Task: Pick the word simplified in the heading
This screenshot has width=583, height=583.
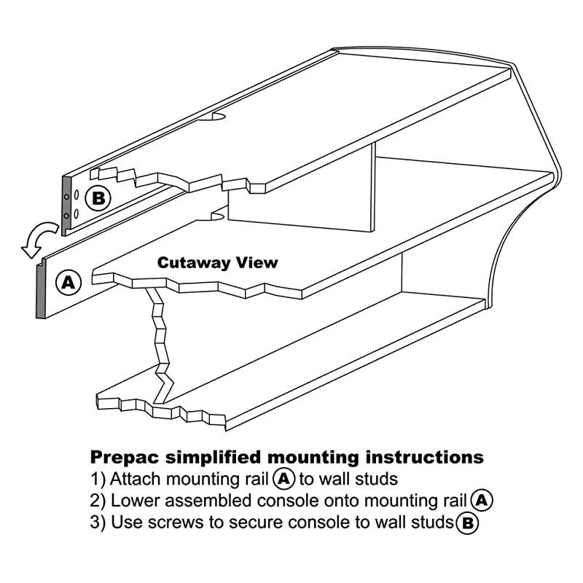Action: (216, 458)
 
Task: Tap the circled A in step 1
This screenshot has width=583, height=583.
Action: (283, 480)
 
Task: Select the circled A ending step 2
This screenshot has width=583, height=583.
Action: (482, 501)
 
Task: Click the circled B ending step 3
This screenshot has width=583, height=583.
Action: (466, 523)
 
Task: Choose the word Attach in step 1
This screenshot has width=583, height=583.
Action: (136, 480)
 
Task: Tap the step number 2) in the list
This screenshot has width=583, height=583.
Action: (98, 501)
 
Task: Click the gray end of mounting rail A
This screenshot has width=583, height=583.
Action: (40, 290)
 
